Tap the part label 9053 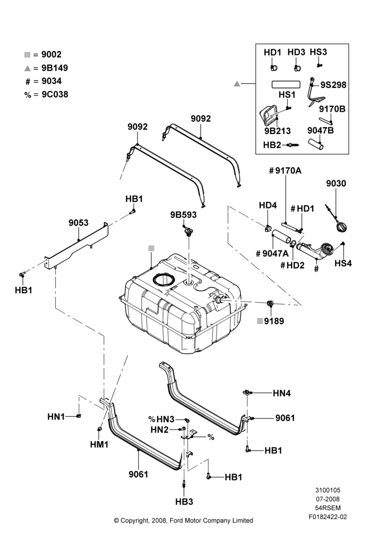coord(78,223)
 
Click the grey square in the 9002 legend coord(27,55)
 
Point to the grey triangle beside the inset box coord(237,84)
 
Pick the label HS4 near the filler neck coord(343,263)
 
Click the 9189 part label coord(274,321)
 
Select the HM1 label coord(99,445)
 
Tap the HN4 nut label coord(282,393)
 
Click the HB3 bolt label coord(184,502)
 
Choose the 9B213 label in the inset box coord(278,131)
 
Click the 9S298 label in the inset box coord(333,85)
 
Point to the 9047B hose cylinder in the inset coord(316,144)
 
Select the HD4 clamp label coord(268,205)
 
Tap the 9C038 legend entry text coord(55,95)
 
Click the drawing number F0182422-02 coord(327,517)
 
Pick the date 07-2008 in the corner coord(327,499)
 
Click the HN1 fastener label coord(56,417)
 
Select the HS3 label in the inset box coord(319,52)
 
